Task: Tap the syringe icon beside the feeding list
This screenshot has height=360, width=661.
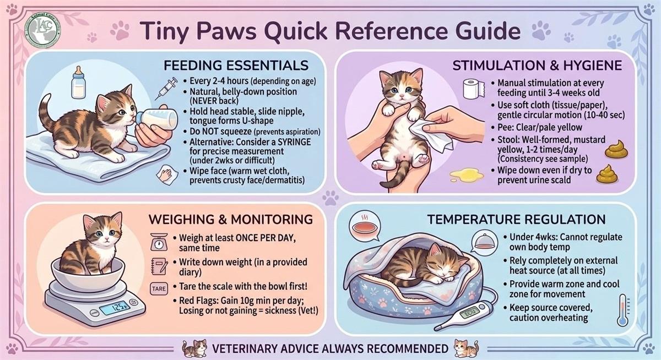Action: (166, 88)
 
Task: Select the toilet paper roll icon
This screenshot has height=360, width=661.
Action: (474, 89)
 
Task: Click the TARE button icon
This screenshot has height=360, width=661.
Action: (159, 288)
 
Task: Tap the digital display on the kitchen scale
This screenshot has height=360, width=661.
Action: (114, 308)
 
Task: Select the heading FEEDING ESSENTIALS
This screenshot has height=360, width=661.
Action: (236, 66)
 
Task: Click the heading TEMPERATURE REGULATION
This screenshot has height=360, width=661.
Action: (517, 220)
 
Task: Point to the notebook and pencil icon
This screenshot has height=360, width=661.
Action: (159, 266)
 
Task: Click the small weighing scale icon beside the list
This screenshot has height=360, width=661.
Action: (159, 242)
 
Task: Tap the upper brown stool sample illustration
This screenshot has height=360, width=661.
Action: (616, 150)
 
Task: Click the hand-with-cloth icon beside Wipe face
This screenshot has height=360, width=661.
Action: (167, 175)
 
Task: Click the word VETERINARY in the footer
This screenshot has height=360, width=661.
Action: (243, 349)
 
